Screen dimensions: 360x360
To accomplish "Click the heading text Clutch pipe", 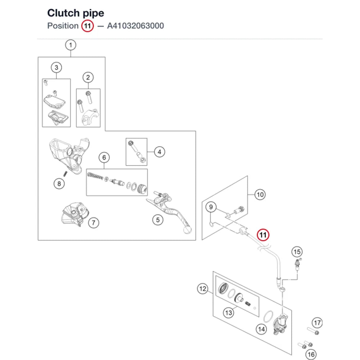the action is click(x=76, y=13).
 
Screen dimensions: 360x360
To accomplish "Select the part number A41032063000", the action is click(x=135, y=26).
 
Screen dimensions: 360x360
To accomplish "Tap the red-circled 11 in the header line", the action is click(x=87, y=26).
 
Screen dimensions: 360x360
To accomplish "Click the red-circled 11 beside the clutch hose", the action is click(x=263, y=235).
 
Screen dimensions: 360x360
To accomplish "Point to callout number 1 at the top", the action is click(x=71, y=45).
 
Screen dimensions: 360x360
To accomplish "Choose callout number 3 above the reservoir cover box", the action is click(x=57, y=68).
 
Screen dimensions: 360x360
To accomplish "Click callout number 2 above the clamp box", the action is click(x=88, y=77).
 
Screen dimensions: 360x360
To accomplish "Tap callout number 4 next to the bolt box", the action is click(x=159, y=152).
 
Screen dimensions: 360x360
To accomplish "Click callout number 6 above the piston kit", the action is click(x=104, y=158).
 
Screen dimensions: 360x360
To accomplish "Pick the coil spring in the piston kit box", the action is click(x=95, y=176).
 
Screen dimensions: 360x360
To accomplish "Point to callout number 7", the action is click(x=94, y=223).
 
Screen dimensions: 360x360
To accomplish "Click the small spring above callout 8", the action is click(x=66, y=174).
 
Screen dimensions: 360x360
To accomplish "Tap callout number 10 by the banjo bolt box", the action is click(x=260, y=195).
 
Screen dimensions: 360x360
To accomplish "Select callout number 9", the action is click(x=211, y=207).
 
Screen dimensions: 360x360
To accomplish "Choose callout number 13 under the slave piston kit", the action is click(x=229, y=313).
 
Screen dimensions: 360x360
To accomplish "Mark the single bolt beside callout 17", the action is click(x=313, y=331).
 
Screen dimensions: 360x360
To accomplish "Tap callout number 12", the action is click(x=203, y=289).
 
